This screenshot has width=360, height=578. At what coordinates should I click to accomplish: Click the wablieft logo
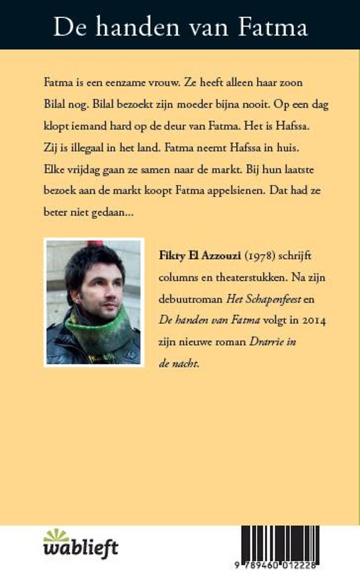81,544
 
